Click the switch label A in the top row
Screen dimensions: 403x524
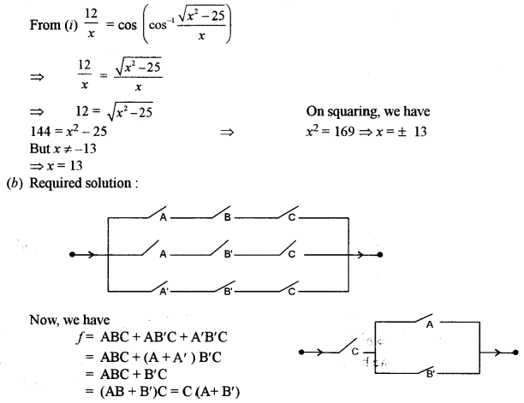(x=162, y=217)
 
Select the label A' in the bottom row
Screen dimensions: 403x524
(x=164, y=292)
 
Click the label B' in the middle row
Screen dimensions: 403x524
(x=229, y=255)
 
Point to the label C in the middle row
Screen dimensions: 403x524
(x=292, y=255)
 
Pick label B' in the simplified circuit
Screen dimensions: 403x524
(x=430, y=374)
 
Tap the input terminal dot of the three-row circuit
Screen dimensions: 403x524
(x=72, y=254)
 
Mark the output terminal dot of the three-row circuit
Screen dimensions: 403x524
(x=380, y=254)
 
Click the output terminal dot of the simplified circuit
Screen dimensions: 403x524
(x=515, y=352)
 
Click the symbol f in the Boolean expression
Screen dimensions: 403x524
(x=78, y=335)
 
